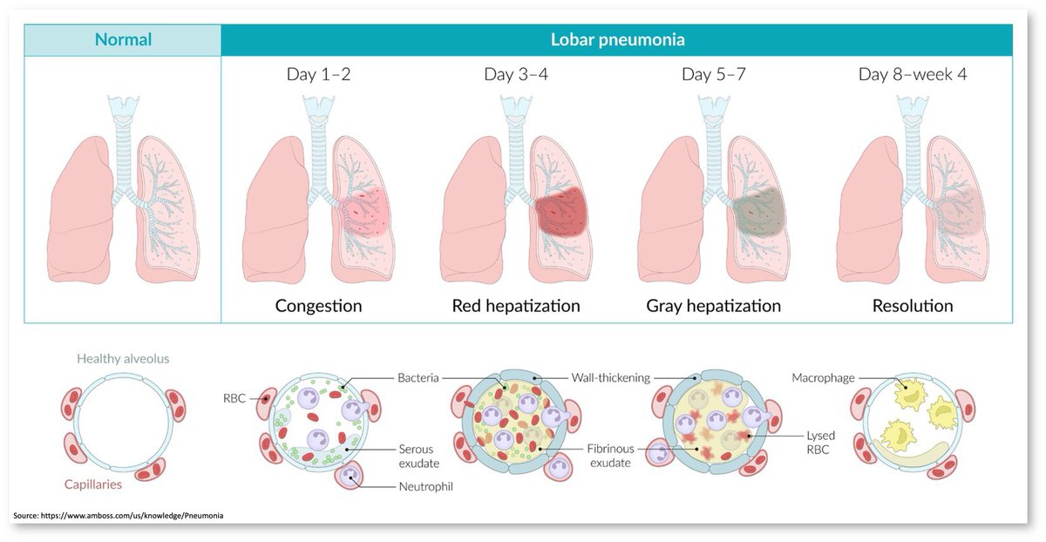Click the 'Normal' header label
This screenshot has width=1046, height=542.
click(123, 39)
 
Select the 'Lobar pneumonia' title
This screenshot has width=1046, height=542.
click(617, 39)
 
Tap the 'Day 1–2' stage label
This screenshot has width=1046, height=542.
click(319, 74)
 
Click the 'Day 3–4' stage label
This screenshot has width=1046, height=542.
click(516, 74)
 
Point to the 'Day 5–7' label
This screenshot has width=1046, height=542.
click(714, 74)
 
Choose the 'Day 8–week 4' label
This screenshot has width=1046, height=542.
click(913, 74)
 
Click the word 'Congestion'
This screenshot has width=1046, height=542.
click(318, 306)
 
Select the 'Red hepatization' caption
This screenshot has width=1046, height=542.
click(516, 306)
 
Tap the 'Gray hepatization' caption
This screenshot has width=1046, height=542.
click(714, 306)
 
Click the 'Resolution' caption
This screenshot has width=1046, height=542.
click(913, 306)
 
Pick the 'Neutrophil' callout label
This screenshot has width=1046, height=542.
click(419, 486)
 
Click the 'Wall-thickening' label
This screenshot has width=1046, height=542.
click(612, 378)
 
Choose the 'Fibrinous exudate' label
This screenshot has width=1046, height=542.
click(609, 456)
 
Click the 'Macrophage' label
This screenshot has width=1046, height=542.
click(823, 378)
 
